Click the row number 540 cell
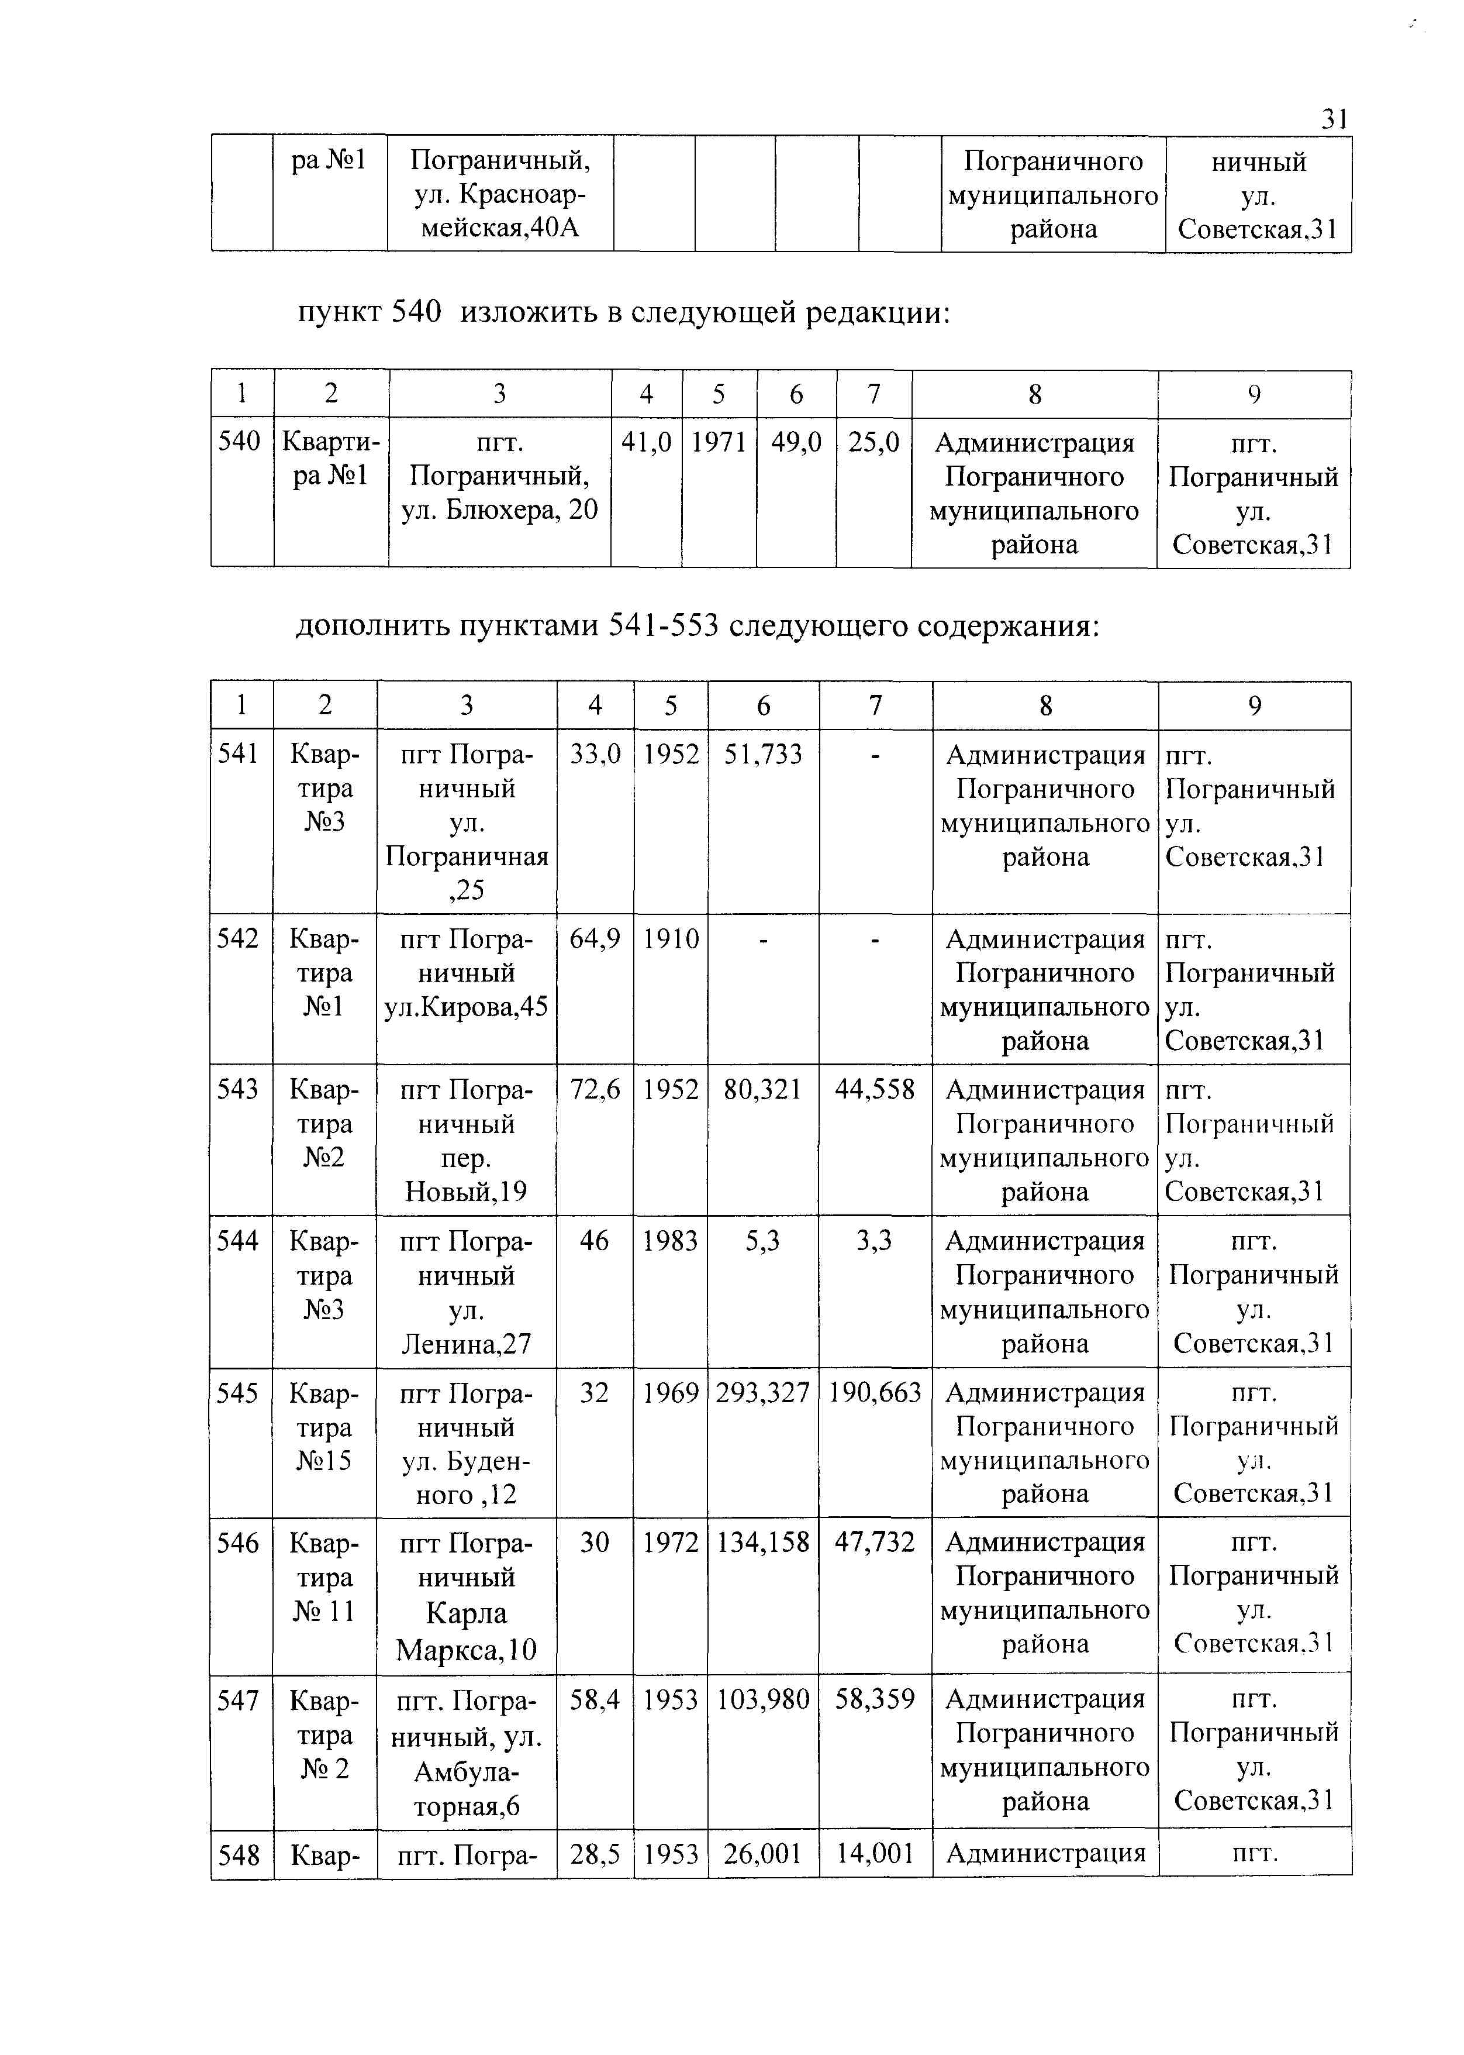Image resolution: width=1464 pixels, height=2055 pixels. tap(240, 442)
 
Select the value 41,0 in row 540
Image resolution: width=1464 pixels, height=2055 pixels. tap(647, 442)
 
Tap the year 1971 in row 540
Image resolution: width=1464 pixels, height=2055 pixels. tap(719, 442)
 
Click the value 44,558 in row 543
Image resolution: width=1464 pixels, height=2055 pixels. tap(875, 1090)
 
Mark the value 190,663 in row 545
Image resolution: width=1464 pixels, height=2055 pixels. tap(875, 1393)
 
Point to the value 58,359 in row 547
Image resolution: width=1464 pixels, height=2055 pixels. tap(875, 1700)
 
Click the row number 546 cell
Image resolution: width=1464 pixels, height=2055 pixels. tap(240, 1543)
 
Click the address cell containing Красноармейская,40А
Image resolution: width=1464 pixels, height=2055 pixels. tap(500, 194)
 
